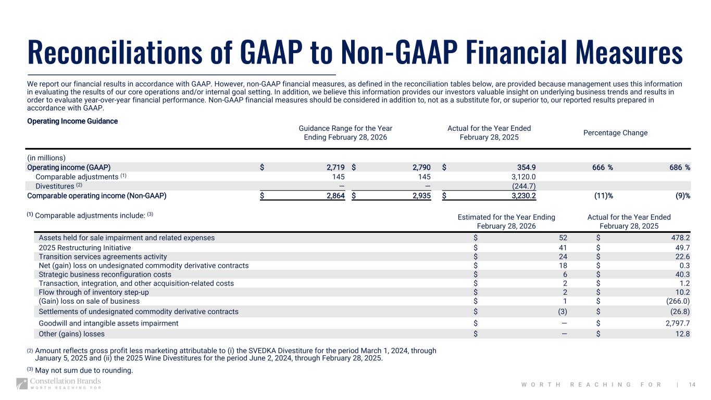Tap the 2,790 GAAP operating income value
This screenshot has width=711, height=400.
[420, 167]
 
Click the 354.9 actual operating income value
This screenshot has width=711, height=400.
[526, 167]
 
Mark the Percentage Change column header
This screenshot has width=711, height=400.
[615, 132]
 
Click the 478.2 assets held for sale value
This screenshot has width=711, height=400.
[679, 238]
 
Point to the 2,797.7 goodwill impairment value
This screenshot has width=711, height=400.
[676, 323]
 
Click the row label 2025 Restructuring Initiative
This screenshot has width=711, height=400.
[85, 248]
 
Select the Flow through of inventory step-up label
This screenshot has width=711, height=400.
[94, 292]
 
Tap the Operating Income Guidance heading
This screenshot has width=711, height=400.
[72, 121]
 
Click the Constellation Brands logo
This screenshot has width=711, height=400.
[58, 384]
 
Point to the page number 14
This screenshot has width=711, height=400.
[692, 384]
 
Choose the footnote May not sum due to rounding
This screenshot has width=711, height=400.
[83, 370]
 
